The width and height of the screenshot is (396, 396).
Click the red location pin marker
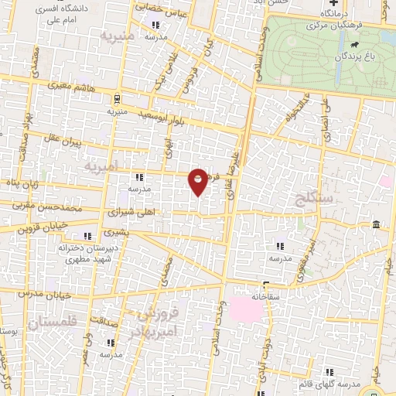pos(198,181)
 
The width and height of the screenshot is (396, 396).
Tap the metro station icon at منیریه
pos(116,99)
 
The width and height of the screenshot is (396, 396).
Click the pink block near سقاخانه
pos(245,310)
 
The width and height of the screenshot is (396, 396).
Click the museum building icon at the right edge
pos(375,224)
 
